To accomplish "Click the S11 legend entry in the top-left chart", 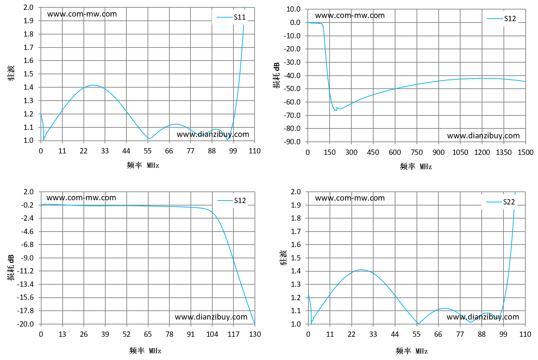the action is [x=231, y=17].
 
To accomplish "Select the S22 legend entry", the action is [x=500, y=202].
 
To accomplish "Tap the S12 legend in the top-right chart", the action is [x=501, y=19].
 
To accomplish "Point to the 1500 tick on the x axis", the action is [x=525, y=152].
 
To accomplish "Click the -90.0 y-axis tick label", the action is [x=292, y=142].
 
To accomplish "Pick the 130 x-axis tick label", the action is [x=255, y=334].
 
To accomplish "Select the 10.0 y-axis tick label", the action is [x=293, y=9].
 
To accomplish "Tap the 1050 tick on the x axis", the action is [x=460, y=152].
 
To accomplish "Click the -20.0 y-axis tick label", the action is [x=25, y=324].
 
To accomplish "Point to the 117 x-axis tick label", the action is [x=233, y=334].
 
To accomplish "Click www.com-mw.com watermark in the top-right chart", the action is [x=350, y=15].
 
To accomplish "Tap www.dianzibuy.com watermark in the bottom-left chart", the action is [x=211, y=317].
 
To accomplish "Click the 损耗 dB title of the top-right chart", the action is [x=276, y=75].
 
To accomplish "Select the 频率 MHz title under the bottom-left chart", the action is [x=145, y=351].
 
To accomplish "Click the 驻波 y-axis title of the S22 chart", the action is [x=283, y=258].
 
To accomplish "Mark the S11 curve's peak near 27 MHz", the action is [x=93, y=85].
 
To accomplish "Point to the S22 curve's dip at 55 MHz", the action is [x=418, y=324].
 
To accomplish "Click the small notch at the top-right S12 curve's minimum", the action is [x=337, y=108].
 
